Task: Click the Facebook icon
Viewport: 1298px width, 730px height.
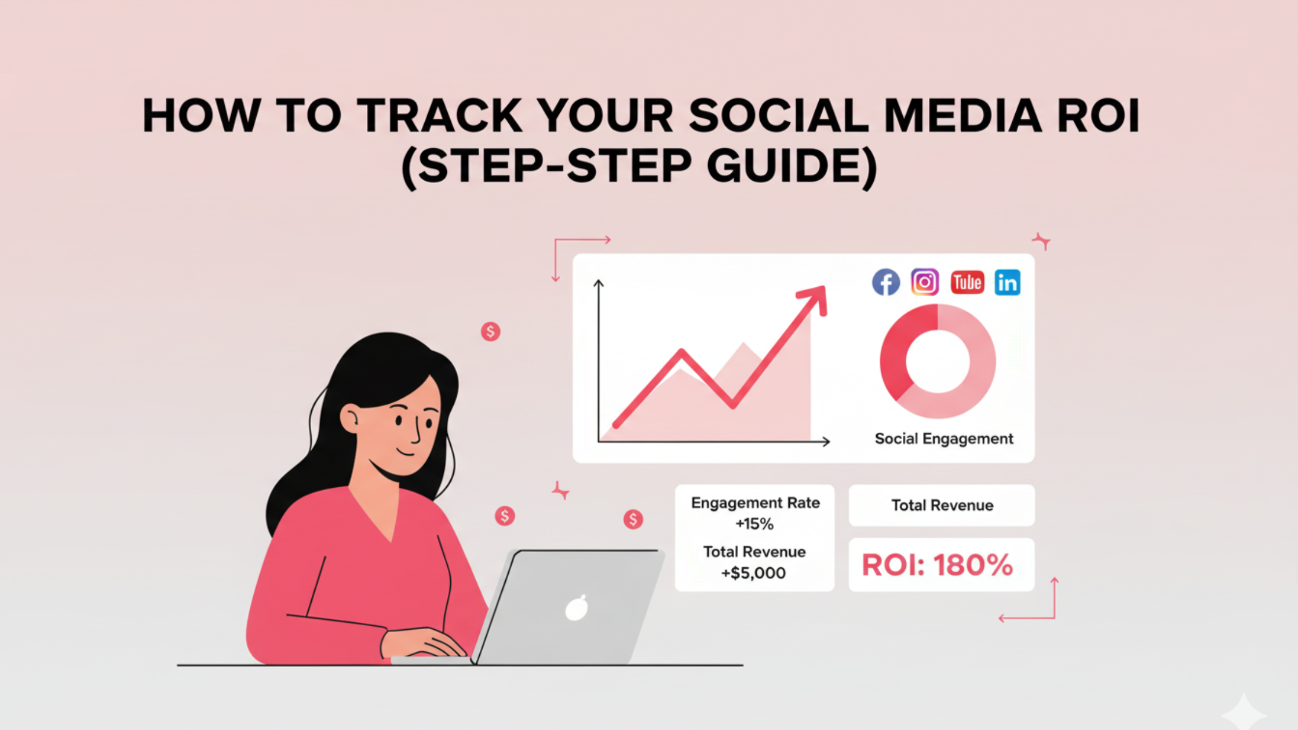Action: point(886,282)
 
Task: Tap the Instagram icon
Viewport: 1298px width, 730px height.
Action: point(925,282)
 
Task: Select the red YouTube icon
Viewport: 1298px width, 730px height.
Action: point(967,282)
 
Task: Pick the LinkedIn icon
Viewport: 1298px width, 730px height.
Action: point(1008,282)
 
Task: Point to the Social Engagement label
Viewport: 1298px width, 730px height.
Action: point(944,439)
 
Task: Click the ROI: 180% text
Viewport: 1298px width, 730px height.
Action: point(938,565)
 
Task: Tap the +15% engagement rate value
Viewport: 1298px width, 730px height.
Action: point(754,524)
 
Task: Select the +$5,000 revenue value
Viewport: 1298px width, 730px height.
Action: point(753,573)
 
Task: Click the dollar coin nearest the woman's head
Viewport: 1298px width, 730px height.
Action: point(490,331)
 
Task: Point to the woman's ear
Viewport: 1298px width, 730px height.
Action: point(349,418)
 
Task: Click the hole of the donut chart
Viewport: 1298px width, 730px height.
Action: point(938,361)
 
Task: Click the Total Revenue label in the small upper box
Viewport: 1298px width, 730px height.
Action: point(942,505)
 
